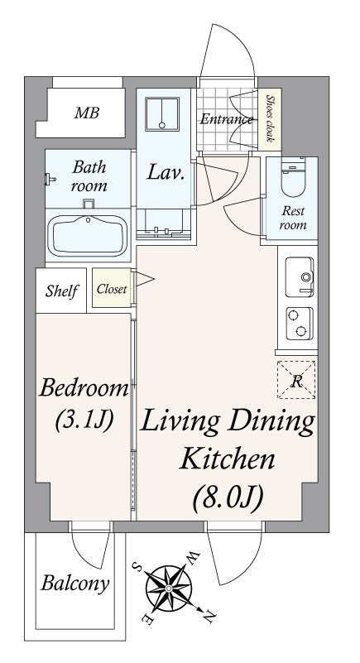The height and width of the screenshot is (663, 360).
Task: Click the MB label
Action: click(x=87, y=113)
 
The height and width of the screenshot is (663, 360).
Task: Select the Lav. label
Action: click(x=166, y=173)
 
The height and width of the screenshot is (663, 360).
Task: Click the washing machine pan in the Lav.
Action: click(x=162, y=113)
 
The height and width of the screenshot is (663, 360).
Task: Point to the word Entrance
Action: click(x=227, y=119)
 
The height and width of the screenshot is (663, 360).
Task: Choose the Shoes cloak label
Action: click(x=270, y=119)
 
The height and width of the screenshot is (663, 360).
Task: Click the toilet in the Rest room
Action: click(x=292, y=178)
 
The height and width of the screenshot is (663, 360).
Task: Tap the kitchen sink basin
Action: click(x=300, y=277)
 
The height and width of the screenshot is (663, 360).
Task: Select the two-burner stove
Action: click(x=300, y=324)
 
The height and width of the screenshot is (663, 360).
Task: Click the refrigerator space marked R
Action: click(x=296, y=380)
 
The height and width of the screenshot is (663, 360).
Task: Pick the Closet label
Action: click(x=112, y=289)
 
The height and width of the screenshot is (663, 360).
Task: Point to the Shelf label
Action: click(x=62, y=291)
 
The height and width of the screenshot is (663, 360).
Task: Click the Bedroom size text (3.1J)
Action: click(x=84, y=420)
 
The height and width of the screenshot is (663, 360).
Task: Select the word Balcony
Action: click(x=74, y=584)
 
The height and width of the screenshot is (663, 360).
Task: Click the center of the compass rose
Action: click(x=169, y=589)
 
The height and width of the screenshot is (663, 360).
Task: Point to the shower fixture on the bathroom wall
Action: click(x=50, y=180)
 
